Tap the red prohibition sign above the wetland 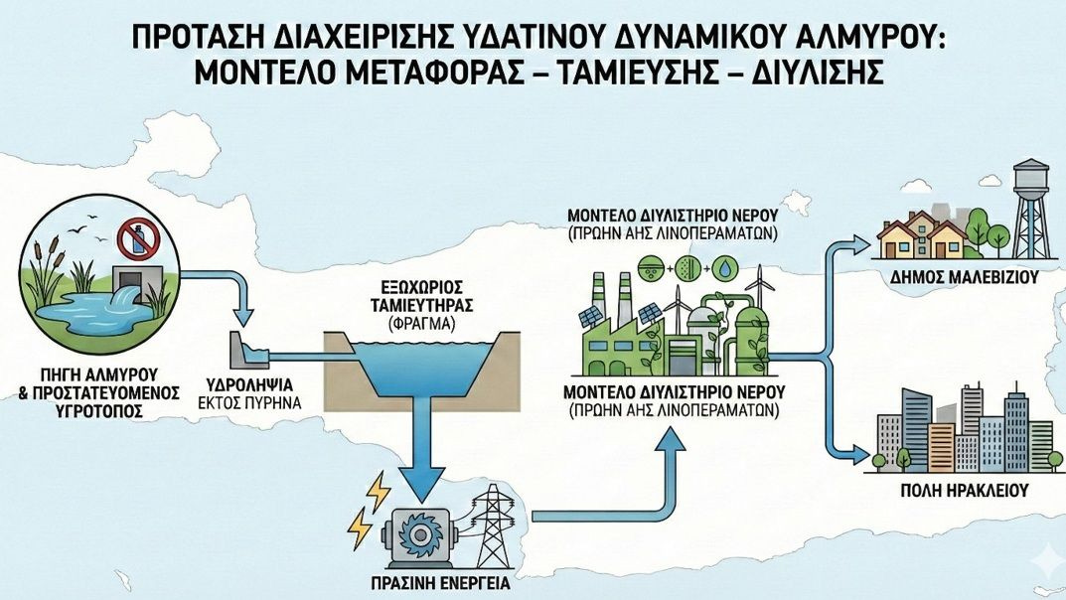pyautogui.click(x=134, y=240)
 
